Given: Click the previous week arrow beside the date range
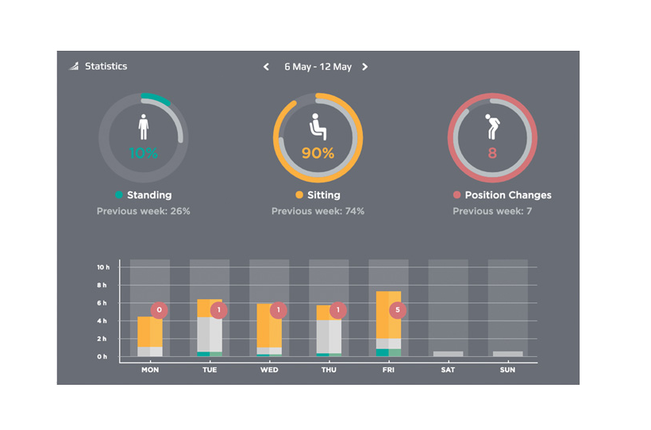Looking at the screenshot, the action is point(266,67).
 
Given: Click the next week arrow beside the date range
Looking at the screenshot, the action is point(364,67).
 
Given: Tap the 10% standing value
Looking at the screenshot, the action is point(143,153).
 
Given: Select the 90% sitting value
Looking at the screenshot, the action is point(318,153).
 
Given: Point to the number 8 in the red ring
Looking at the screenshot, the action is point(492,153).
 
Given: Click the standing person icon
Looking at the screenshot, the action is point(144,127).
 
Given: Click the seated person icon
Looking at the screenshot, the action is point(318,127).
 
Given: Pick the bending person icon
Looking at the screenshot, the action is point(492,127).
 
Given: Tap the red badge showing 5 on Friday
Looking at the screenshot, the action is point(397,310).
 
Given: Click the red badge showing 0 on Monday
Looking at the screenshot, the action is point(159,310).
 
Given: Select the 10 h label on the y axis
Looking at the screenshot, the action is point(103,267).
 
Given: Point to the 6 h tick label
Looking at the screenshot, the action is point(102,303).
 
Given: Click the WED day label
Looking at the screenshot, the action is point(269,370).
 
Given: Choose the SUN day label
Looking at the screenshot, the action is point(507,370).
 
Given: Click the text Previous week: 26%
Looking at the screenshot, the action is point(143,211).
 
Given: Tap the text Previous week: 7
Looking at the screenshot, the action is point(492,211).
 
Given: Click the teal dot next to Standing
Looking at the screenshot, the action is point(119,194).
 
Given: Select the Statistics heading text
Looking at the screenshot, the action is point(106,67).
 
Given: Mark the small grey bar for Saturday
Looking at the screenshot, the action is point(448,354).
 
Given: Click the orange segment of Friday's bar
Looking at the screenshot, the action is point(388,315).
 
